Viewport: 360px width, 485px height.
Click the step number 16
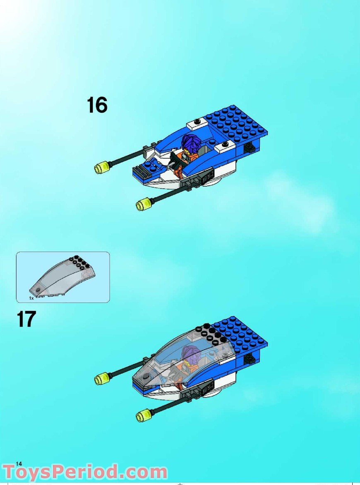coord(97,105)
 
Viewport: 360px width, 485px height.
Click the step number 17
coord(26,319)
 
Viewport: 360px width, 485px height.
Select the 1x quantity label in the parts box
coord(31,298)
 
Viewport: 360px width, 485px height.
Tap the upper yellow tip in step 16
coord(101,168)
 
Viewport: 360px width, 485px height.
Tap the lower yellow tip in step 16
coord(143,204)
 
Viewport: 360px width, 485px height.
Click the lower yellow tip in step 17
coord(143,414)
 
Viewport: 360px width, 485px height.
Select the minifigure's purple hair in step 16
coord(191,142)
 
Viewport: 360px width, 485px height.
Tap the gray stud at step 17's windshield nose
coord(146,376)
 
